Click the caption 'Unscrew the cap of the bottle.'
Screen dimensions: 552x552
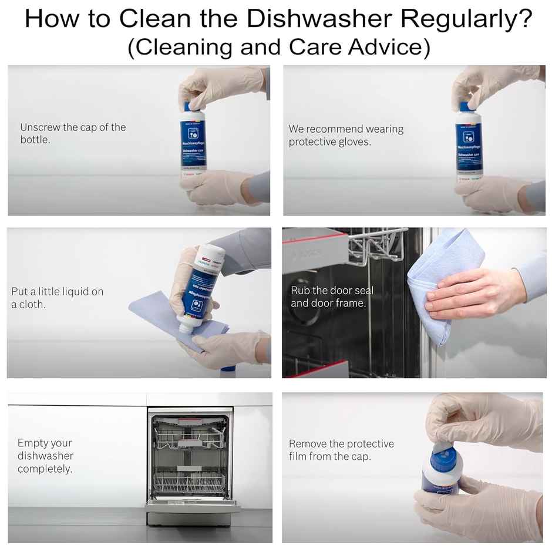(73, 133)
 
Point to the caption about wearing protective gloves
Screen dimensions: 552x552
(346, 135)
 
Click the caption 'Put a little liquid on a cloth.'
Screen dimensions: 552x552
(57, 298)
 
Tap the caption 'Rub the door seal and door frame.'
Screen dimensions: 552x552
(332, 297)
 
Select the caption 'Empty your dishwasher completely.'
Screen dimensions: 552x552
(45, 456)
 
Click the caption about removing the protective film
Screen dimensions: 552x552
(341, 450)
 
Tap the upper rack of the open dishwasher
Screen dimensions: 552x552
(190, 437)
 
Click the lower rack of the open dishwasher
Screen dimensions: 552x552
(190, 483)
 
